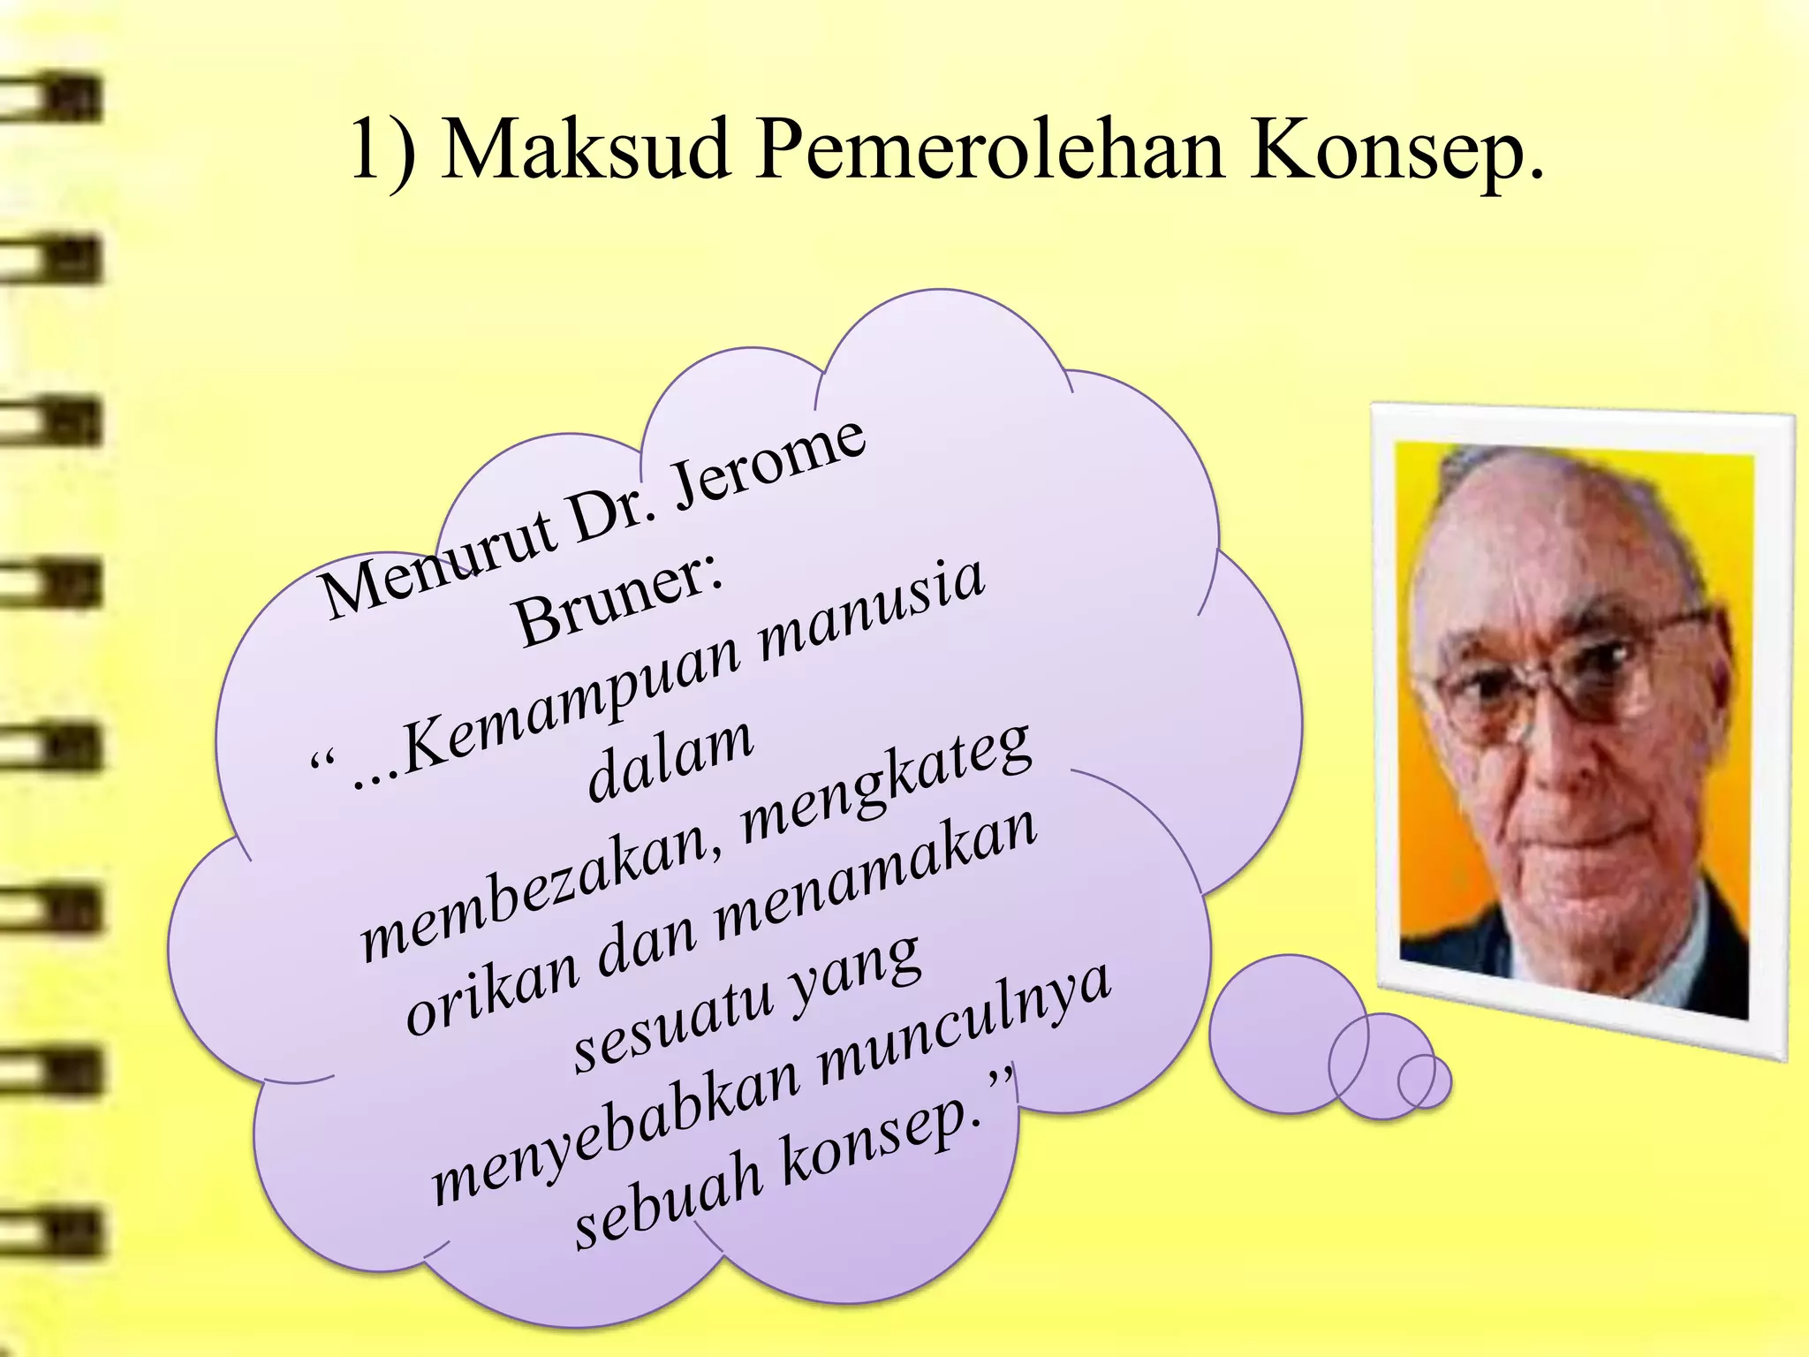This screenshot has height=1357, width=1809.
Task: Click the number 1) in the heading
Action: (x=382, y=150)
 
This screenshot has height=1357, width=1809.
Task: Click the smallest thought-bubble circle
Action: (x=1424, y=1080)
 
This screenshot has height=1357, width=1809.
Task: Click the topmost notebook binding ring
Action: (x=53, y=99)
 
